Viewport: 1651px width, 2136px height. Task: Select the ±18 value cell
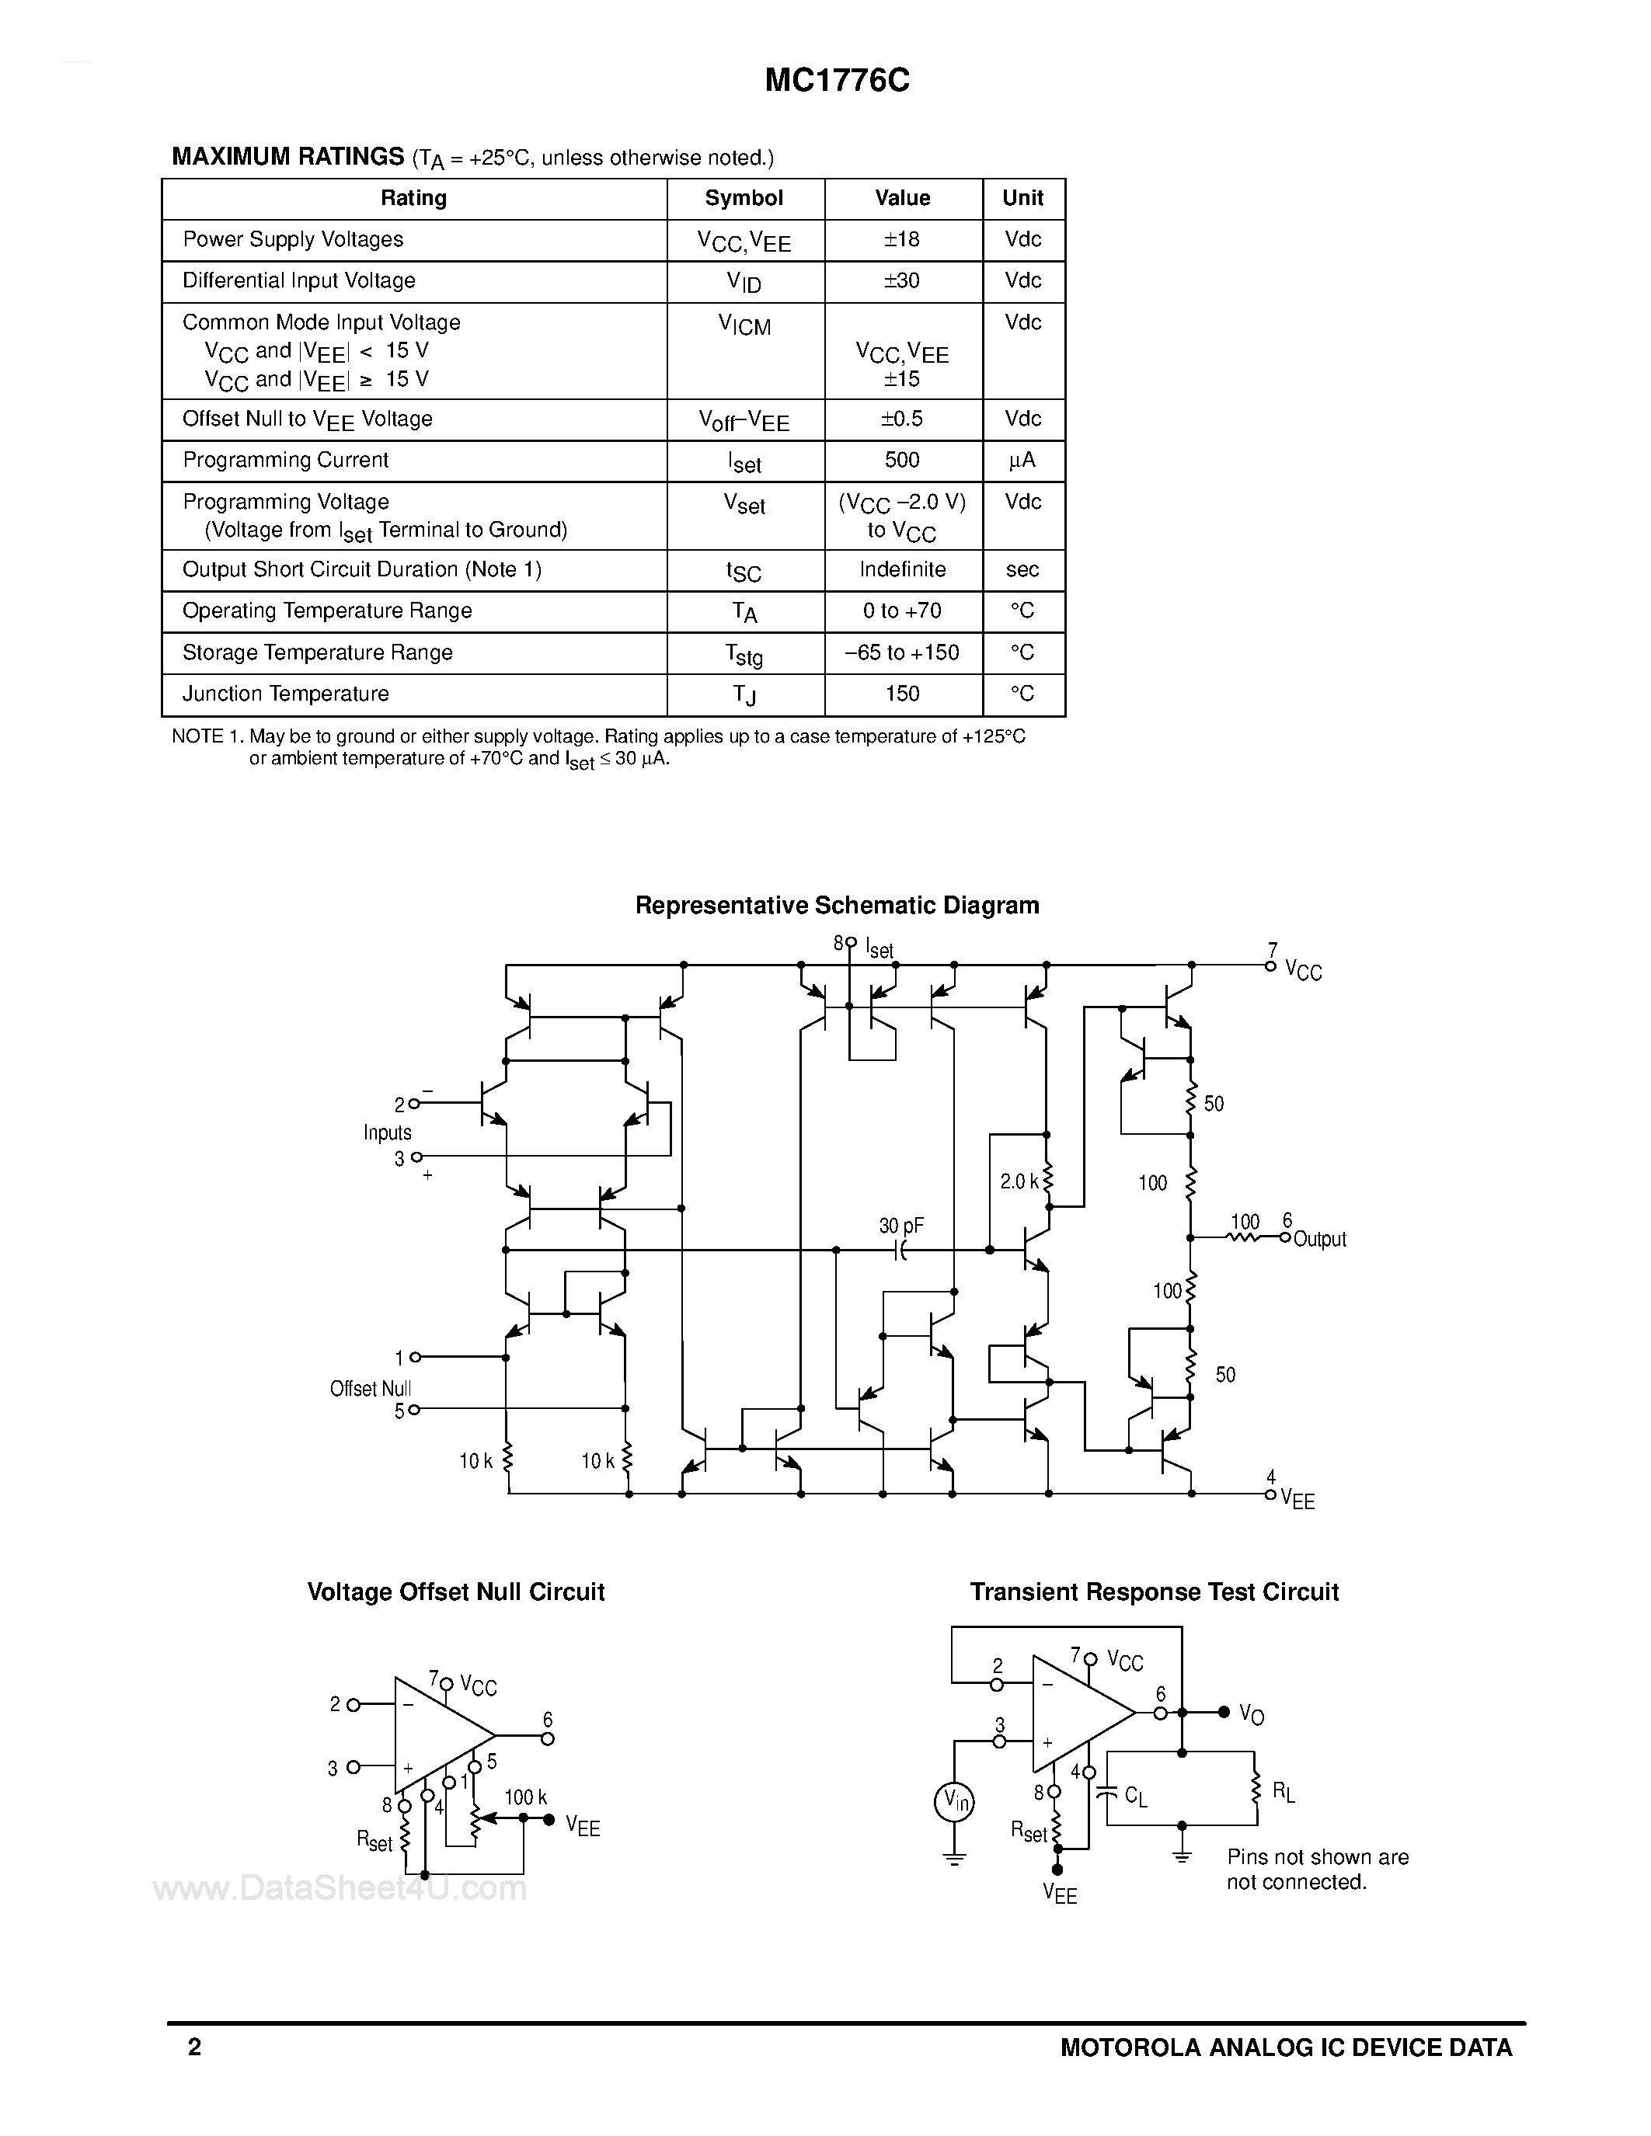(x=902, y=239)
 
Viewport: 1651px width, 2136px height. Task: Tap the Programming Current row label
(x=286, y=460)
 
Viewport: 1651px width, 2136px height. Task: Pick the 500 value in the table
(x=902, y=460)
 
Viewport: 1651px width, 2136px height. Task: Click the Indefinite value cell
(x=902, y=569)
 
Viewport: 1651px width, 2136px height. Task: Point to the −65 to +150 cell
(x=902, y=652)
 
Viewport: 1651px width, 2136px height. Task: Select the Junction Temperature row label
(x=286, y=694)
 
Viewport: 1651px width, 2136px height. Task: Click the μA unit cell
(x=1022, y=460)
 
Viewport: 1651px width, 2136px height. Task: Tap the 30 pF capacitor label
(x=900, y=1226)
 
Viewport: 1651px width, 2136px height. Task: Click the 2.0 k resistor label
(x=1019, y=1181)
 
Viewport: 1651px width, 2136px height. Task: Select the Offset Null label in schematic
(x=370, y=1389)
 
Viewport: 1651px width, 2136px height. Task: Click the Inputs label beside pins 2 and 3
(x=388, y=1132)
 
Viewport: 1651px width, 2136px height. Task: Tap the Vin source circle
(x=953, y=1801)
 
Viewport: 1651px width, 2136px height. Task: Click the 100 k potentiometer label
(x=525, y=1797)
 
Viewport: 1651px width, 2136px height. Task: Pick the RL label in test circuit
(x=1282, y=1792)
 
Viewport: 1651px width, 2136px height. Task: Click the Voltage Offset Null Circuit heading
(x=456, y=1592)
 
